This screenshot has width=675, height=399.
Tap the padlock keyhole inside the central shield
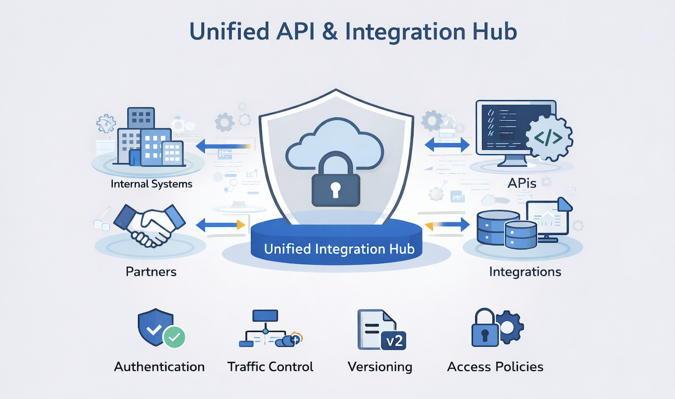336,189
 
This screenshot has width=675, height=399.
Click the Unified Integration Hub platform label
339,249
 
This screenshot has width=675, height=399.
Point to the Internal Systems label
151,184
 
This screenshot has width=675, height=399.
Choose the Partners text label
151,272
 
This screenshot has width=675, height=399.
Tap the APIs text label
521,184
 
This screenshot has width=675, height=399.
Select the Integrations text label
525,272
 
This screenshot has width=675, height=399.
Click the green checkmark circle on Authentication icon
174,337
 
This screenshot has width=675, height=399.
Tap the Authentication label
159,367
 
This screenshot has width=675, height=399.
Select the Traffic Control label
270,367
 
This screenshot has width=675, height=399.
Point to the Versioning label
380,367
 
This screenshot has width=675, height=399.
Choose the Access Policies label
495,367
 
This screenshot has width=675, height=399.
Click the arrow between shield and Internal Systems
222,146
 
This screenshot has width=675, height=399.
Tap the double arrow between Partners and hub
221,225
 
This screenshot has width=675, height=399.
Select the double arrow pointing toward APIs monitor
447,145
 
